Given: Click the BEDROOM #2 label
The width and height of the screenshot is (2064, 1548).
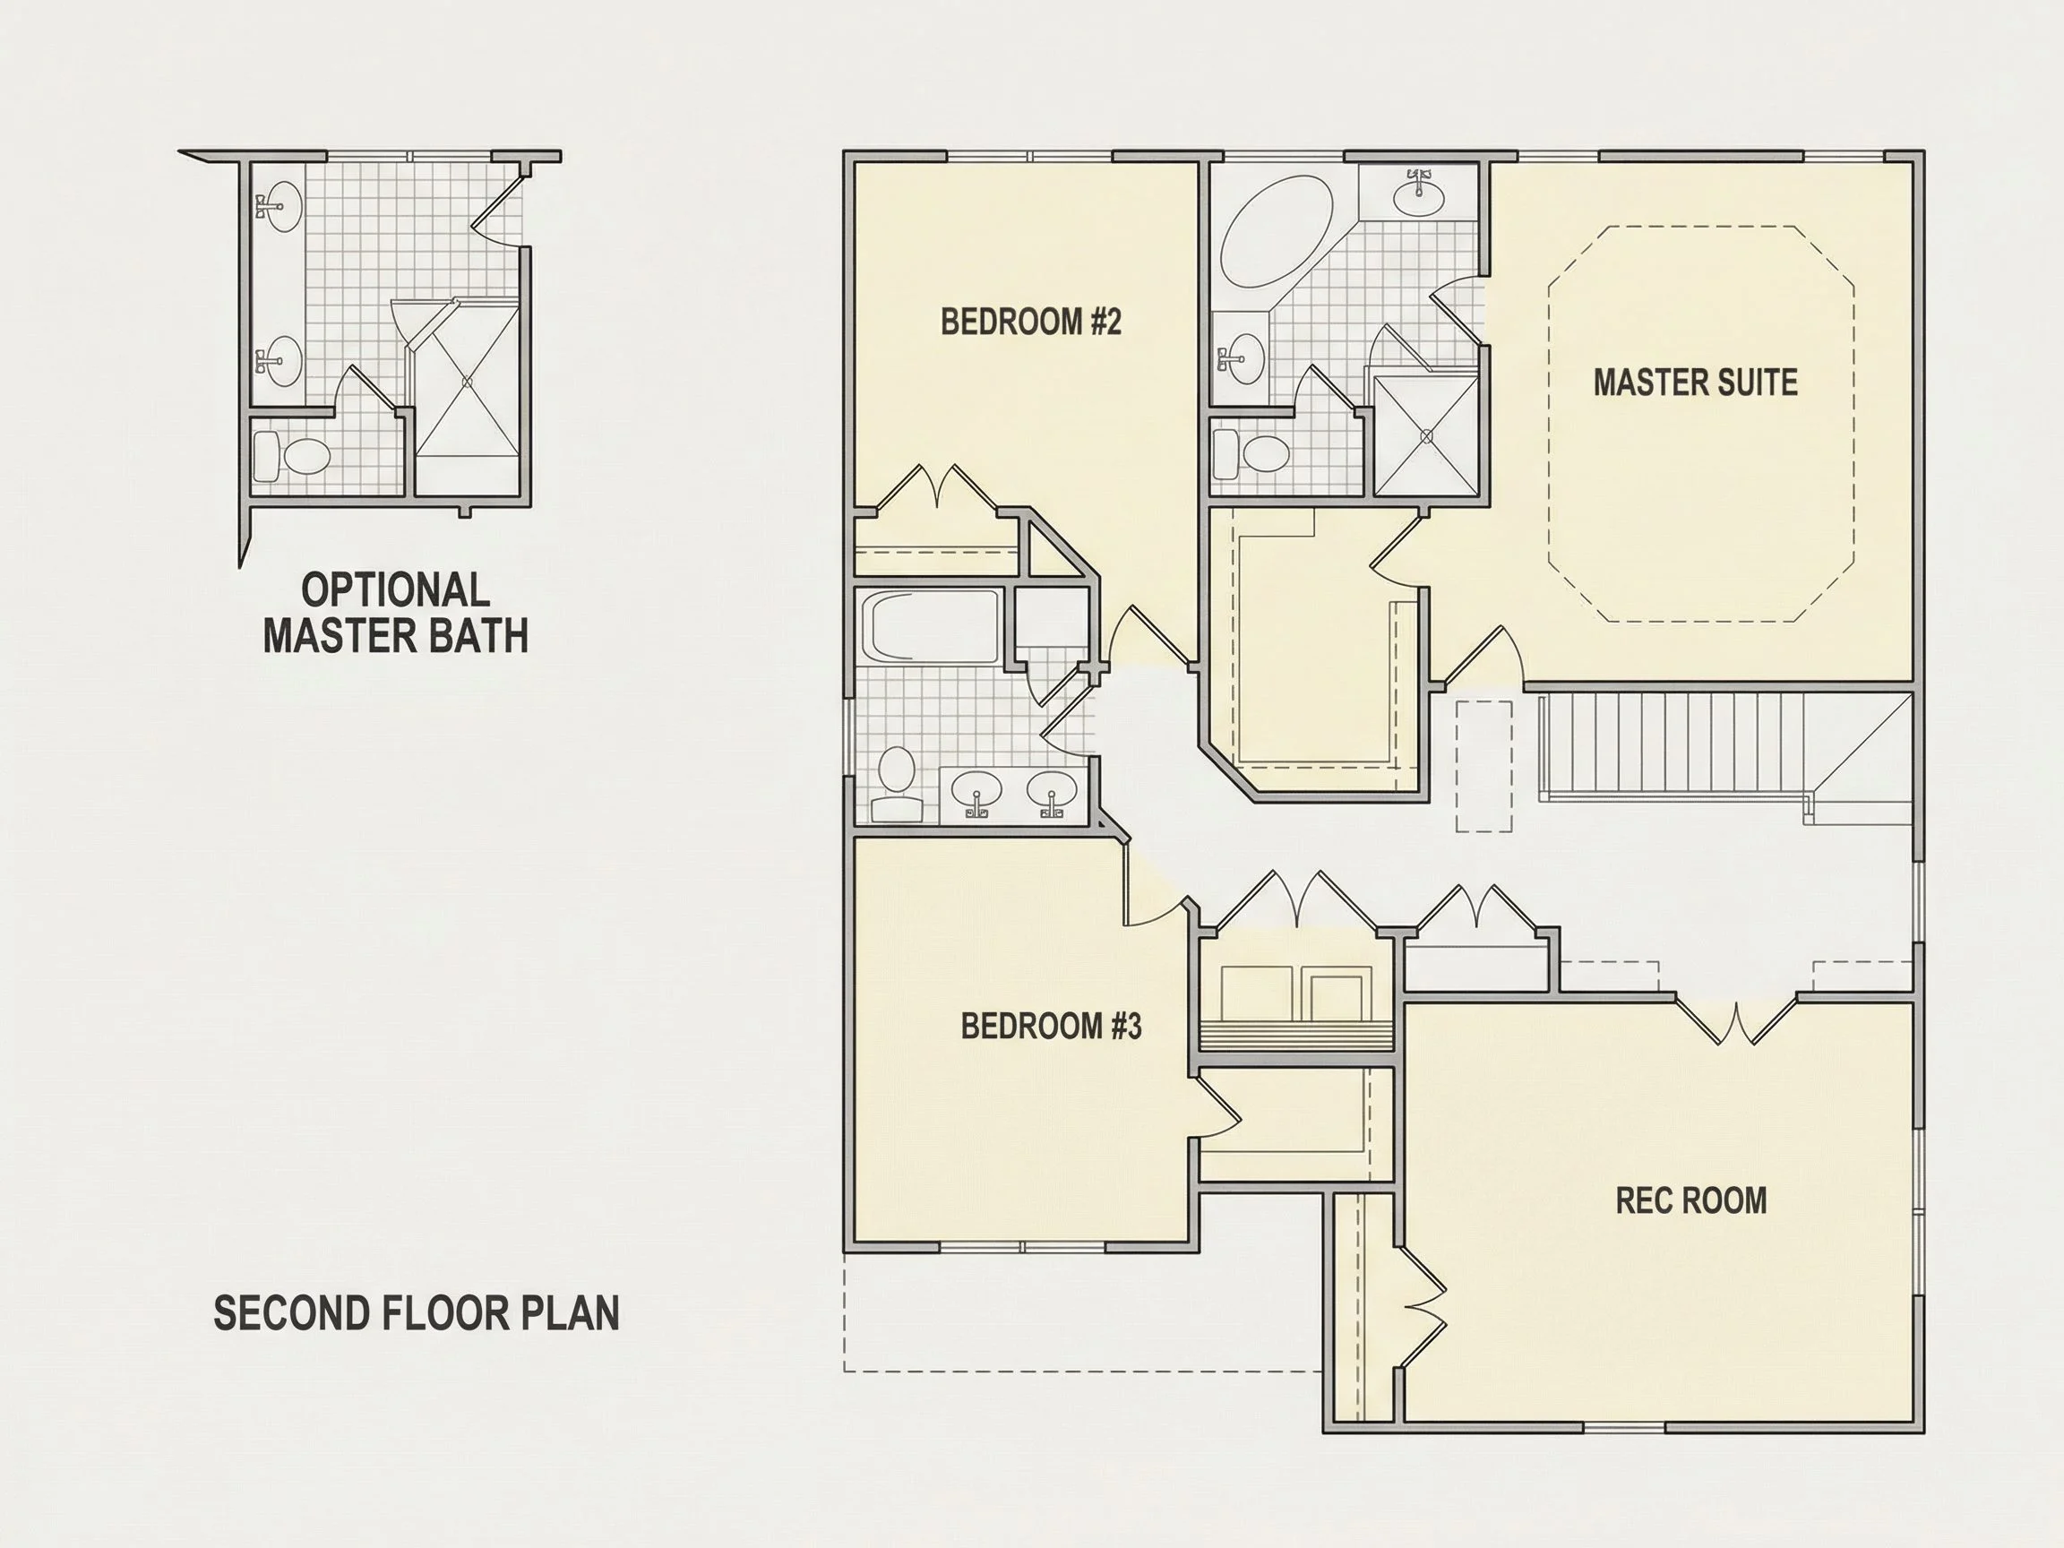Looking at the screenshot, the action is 1030,322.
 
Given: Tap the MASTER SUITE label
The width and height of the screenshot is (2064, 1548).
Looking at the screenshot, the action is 1696,383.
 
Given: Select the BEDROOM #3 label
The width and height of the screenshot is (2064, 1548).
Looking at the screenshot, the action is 1051,1027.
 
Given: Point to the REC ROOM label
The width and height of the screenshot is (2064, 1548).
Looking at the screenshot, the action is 1690,1201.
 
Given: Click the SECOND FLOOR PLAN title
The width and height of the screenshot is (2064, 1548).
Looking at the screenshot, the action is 417,1313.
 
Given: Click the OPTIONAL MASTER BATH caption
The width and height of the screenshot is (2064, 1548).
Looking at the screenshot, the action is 396,613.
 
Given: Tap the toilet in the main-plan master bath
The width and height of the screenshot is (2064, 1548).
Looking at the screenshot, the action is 1251,454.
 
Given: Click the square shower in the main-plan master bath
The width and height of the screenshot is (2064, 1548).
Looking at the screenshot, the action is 1426,434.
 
